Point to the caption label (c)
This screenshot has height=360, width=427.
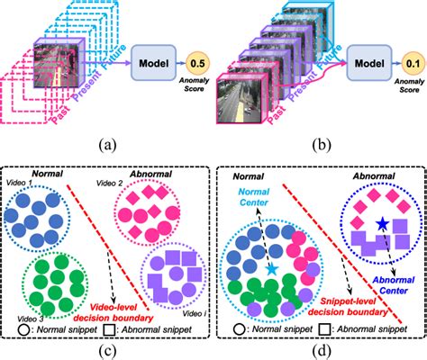pyautogui.click(x=107, y=347)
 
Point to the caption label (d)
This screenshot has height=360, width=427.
pyautogui.click(x=319, y=347)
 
